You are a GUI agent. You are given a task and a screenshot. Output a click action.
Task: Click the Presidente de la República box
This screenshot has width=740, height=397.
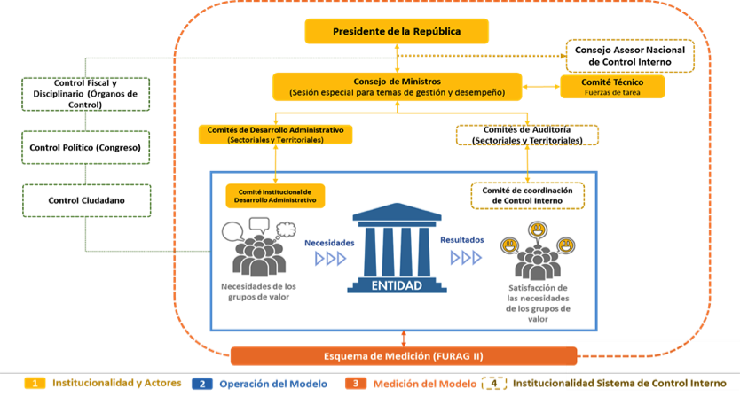click(397, 32)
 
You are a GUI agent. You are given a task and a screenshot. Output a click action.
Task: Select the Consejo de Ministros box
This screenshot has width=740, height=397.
click(397, 86)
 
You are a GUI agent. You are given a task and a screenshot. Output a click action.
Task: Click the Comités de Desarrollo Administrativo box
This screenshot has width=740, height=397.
click(276, 134)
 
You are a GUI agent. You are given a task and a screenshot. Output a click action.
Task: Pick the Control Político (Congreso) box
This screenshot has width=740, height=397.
click(85, 146)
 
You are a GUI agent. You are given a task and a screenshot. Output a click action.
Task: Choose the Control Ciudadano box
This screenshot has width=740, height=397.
click(85, 200)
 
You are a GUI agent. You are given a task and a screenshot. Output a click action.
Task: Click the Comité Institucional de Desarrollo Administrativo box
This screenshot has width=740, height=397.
click(275, 195)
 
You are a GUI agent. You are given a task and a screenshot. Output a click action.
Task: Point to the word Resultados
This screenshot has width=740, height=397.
click(462, 241)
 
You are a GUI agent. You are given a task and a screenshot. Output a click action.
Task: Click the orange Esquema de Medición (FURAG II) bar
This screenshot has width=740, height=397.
click(404, 356)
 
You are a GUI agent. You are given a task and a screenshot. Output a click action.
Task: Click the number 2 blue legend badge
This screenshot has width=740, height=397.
click(201, 384)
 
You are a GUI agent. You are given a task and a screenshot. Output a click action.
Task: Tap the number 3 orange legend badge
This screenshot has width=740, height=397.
click(354, 384)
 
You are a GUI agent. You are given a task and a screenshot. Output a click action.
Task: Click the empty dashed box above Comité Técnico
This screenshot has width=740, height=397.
click(632, 55)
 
